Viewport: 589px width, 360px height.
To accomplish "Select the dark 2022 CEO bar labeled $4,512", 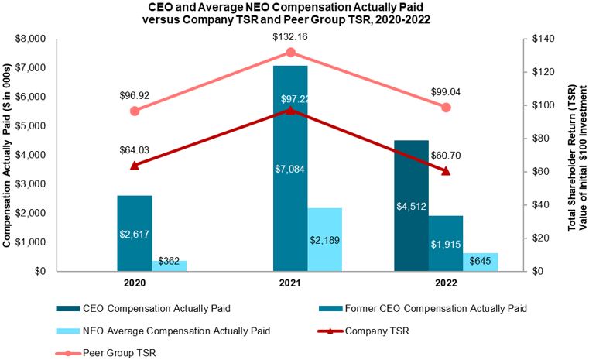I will pyautogui.click(x=411, y=205).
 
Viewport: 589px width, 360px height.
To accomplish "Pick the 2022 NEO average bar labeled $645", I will pyautogui.click(x=481, y=262).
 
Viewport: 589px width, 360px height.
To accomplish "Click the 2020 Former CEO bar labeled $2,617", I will pyautogui.click(x=134, y=233).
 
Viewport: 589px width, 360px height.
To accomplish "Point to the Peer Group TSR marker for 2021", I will pyautogui.click(x=291, y=52).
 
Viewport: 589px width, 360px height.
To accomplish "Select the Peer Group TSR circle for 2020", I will pyautogui.click(x=135, y=111).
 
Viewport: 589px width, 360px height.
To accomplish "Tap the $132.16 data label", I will pyautogui.click(x=291, y=36).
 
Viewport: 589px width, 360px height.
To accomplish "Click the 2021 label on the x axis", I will pyautogui.click(x=290, y=283).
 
